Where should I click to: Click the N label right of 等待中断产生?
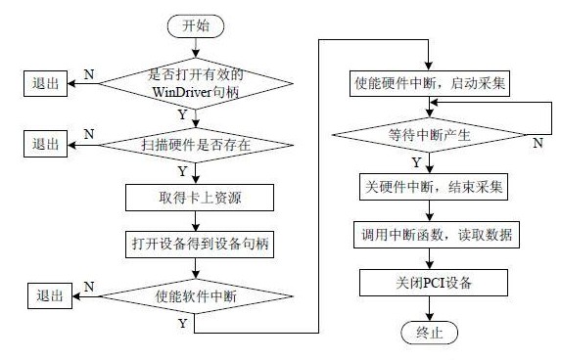click(x=537, y=143)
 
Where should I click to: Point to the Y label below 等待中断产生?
click(x=417, y=160)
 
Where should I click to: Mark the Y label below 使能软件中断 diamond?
click(x=182, y=321)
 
